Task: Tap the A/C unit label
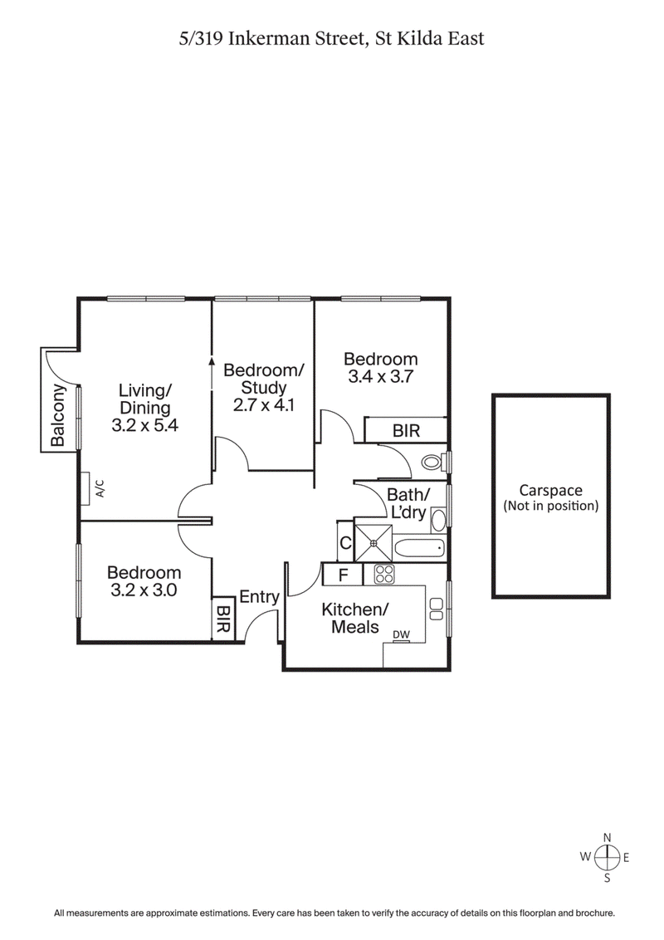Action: [x=100, y=487]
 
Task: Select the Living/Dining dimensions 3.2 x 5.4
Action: [x=144, y=424]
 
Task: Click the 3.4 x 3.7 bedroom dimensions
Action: [x=380, y=375]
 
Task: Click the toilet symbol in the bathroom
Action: [x=432, y=461]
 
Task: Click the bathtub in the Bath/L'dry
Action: [x=419, y=549]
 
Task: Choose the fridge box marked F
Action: [x=342, y=574]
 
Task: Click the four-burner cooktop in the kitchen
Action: [x=383, y=574]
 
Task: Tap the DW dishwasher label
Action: [x=402, y=635]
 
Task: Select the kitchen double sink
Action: [x=437, y=608]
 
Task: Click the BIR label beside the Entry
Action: [x=222, y=620]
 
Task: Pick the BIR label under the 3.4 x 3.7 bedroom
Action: [x=406, y=431]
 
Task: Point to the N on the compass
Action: [x=608, y=837]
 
